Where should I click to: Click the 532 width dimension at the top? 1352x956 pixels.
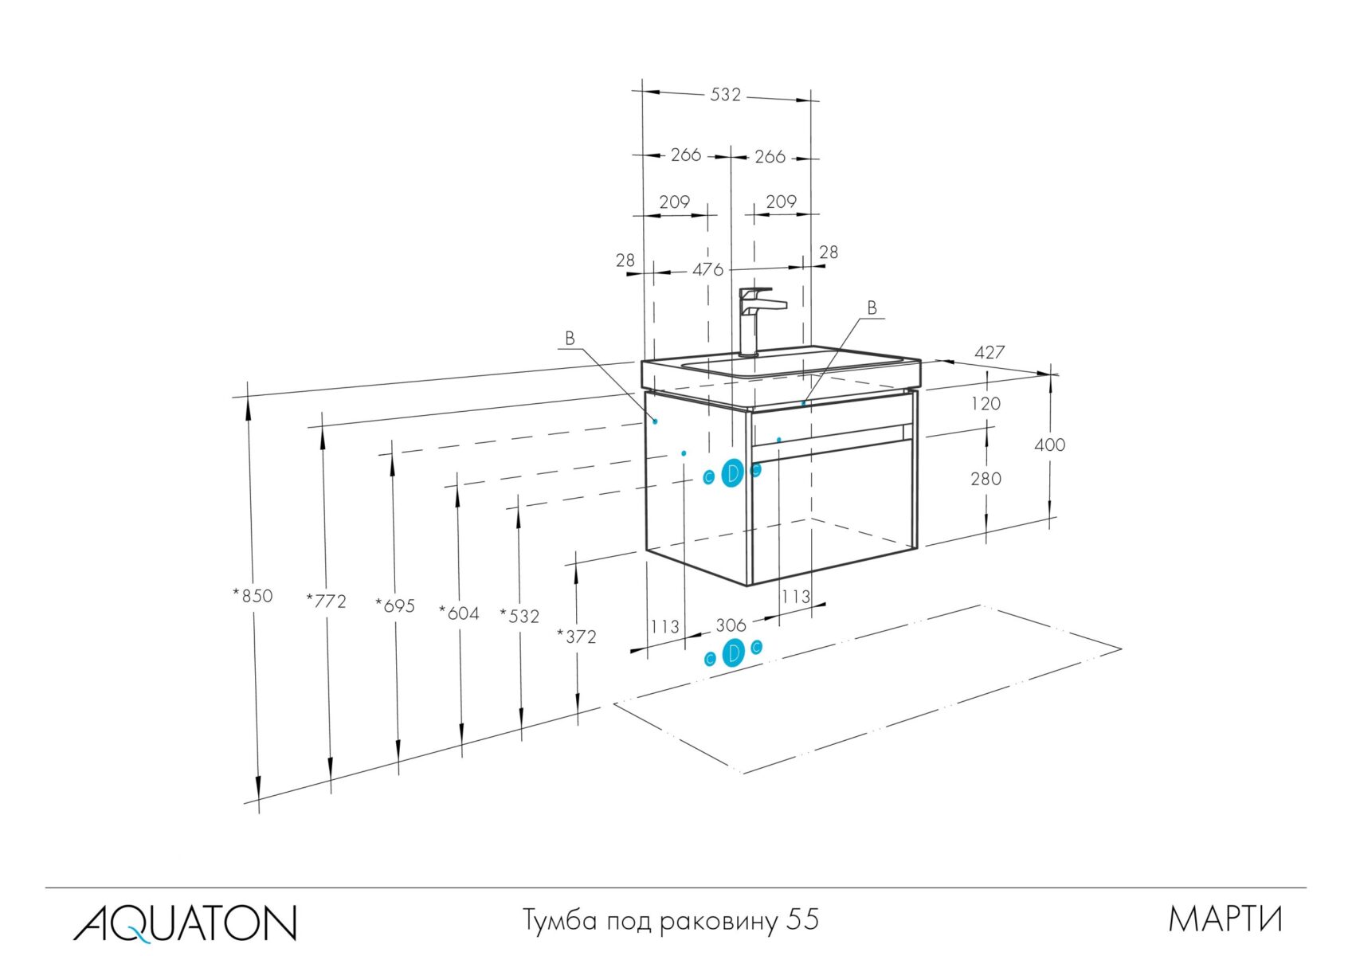725,95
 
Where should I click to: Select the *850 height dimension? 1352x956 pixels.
253,595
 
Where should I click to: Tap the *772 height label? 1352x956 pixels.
327,601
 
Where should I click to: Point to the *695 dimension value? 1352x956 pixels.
395,605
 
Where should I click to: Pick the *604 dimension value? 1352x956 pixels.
459,613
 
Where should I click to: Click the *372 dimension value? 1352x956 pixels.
576,636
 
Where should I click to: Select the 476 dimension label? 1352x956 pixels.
707,269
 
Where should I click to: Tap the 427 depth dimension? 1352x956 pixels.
990,352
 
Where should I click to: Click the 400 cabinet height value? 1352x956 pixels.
1049,445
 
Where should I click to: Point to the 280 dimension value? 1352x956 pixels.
986,479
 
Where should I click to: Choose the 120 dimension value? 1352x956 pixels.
986,404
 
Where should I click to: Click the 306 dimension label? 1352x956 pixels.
731,625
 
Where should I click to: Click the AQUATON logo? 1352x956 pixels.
185,922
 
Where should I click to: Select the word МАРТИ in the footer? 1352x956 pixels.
1225,919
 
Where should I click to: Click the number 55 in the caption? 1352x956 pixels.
802,919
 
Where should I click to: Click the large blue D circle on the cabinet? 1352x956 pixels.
732,474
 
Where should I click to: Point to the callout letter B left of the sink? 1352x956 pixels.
570,339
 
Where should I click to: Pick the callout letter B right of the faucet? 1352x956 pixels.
872,308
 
